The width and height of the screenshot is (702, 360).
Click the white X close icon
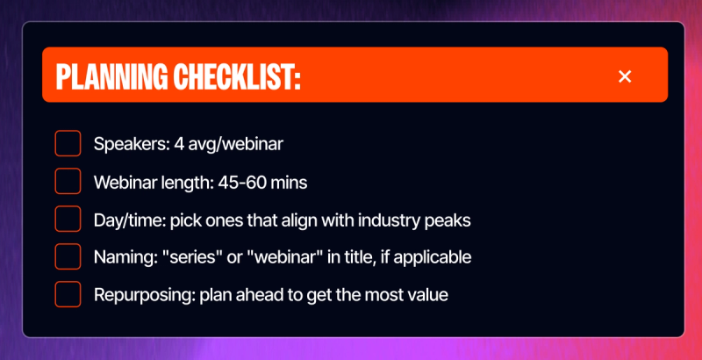625,77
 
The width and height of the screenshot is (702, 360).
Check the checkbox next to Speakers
68,144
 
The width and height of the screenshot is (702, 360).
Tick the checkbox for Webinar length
68,182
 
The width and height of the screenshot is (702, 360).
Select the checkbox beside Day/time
68,220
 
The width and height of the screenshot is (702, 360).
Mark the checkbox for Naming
68,257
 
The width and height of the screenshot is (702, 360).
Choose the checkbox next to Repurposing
68,295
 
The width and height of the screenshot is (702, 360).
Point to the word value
427,296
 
